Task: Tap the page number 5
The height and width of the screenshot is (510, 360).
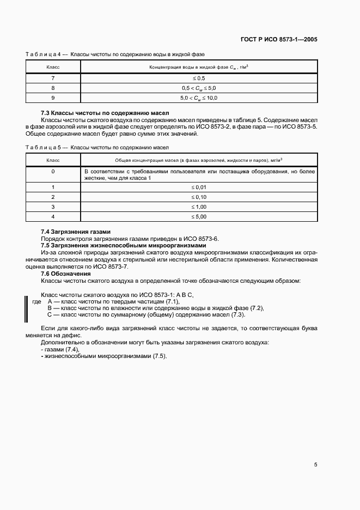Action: click(315, 465)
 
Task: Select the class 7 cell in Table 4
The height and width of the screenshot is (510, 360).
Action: click(53, 78)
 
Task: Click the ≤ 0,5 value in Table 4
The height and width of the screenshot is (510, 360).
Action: click(199, 78)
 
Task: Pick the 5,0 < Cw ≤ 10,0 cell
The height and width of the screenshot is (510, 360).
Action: click(199, 98)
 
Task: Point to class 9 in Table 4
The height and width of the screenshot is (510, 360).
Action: click(53, 98)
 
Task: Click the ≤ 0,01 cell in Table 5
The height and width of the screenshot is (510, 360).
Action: click(199, 187)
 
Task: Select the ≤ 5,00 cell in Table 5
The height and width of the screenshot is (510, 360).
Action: click(199, 216)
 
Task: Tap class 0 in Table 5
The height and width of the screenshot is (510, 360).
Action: click(53, 172)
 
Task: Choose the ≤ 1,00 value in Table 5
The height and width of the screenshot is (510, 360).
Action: click(199, 207)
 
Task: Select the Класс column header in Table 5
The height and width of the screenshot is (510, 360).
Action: click(53, 160)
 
